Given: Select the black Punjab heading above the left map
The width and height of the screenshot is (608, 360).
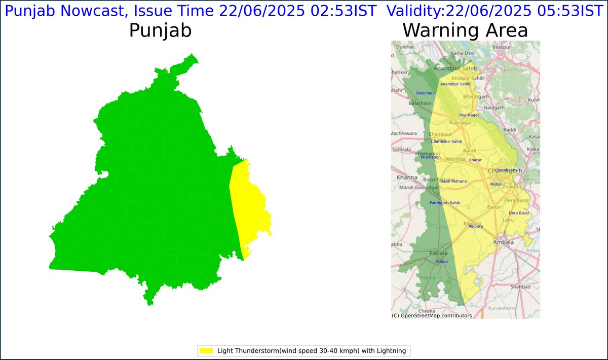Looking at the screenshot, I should click(x=160, y=31).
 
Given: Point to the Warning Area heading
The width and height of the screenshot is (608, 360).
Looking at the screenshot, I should click(x=465, y=31).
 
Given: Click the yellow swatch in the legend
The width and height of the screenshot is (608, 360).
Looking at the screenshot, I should click(x=206, y=350).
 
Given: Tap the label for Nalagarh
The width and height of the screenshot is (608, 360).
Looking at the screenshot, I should click(x=495, y=108).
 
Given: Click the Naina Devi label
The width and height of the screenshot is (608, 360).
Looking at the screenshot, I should click(x=462, y=53).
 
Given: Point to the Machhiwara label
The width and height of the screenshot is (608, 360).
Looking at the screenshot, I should click(x=403, y=133).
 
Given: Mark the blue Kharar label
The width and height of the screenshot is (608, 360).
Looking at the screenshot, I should click(x=475, y=160).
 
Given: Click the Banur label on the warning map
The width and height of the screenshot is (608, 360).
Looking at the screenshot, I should click(x=480, y=207).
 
